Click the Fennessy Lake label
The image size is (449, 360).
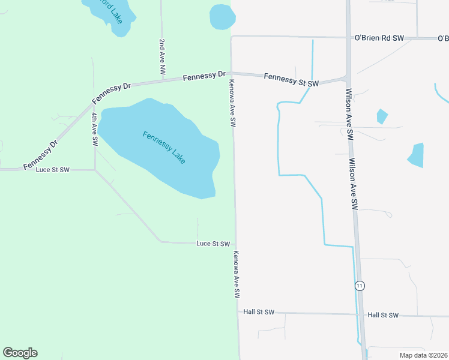tap(164, 148)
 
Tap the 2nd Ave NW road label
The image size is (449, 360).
tap(162, 57)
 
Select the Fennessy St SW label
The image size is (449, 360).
tap(291, 79)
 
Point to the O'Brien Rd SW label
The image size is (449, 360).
tap(379, 38)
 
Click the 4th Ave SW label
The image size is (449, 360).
tap(95, 129)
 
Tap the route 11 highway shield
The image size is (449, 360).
tap(360, 285)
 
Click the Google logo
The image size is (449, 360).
tap(20, 353)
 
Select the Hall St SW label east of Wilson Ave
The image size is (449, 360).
tap(383, 315)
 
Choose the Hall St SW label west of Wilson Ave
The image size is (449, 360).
tap(259, 312)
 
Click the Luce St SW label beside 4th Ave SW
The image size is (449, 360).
tap(53, 170)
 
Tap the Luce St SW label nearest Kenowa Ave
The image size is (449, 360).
tap(213, 244)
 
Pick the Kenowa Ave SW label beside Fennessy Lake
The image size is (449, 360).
tap(232, 103)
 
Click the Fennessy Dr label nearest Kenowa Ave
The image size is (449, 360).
tap(204, 76)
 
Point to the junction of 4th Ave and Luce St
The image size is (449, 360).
tap(95, 170)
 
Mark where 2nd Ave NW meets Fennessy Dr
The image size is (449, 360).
tap(162, 81)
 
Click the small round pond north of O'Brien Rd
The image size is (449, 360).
tap(221, 16)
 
